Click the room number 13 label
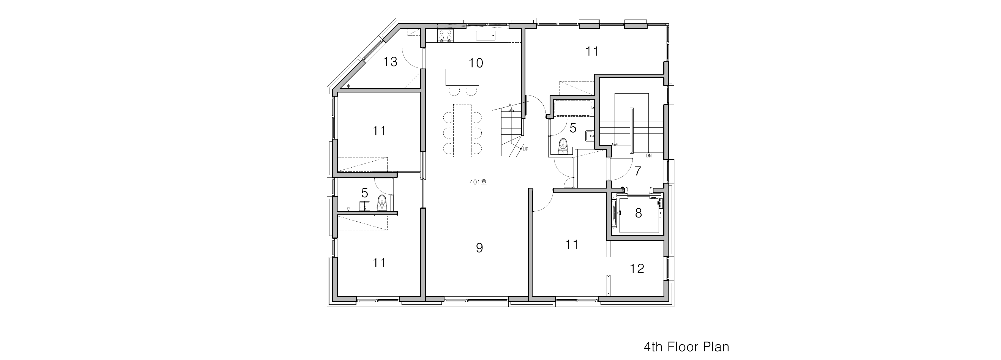coord(390,62)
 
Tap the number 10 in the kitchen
coord(476,63)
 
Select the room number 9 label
coord(479,248)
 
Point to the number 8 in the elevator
coord(638,213)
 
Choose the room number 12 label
coord(637,268)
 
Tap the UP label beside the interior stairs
coord(525,149)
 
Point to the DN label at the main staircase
coord(648,156)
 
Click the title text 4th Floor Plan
coord(686,347)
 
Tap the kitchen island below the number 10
coord(462,77)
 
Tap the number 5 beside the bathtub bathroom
coord(573,128)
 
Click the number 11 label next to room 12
coord(572,244)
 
